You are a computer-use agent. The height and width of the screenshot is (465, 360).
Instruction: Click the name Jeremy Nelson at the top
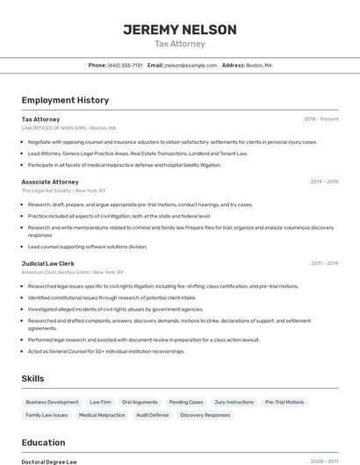click(x=179, y=30)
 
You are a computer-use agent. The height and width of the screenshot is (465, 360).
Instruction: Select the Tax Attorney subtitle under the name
click(x=179, y=44)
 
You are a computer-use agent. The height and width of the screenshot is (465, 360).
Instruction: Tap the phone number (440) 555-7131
click(x=125, y=65)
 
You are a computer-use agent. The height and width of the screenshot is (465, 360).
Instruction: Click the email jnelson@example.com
click(x=191, y=65)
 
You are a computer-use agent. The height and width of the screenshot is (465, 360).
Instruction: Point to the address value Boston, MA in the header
click(x=259, y=65)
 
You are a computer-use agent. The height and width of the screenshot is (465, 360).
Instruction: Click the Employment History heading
click(x=65, y=100)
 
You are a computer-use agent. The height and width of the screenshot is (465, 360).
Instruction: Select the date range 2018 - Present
click(x=320, y=118)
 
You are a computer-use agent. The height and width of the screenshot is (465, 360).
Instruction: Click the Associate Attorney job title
click(x=50, y=182)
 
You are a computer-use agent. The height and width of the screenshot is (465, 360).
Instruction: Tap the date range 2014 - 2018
click(x=324, y=182)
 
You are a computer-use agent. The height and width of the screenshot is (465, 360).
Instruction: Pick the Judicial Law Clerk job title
click(x=47, y=263)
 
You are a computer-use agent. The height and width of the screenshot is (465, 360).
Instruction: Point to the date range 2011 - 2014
click(x=324, y=263)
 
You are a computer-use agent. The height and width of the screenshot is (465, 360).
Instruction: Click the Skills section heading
click(x=33, y=378)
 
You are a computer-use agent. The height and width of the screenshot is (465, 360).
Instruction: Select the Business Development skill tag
click(x=52, y=402)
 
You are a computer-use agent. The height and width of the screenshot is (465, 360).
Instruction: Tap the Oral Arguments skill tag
click(x=140, y=402)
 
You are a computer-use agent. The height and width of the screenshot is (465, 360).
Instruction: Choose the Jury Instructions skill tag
click(x=234, y=402)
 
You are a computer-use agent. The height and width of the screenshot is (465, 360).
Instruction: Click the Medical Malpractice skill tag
click(x=102, y=415)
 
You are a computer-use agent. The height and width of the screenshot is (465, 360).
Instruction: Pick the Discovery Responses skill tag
click(x=205, y=415)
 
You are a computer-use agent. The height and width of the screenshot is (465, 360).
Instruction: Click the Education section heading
click(x=43, y=442)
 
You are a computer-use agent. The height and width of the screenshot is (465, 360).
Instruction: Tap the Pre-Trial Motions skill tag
click(x=284, y=402)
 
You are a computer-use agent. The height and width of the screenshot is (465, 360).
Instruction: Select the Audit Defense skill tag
click(x=152, y=415)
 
